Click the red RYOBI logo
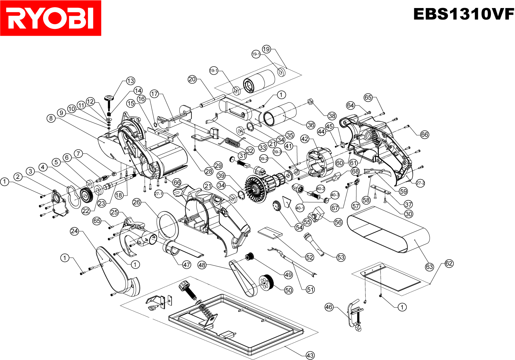(x=51, y=18)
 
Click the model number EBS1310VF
(x=464, y=14)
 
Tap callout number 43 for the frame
(x=310, y=355)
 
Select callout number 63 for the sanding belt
(x=429, y=267)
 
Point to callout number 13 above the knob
(x=130, y=81)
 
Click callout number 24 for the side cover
(x=74, y=231)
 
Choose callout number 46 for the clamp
(x=329, y=307)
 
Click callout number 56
(x=338, y=222)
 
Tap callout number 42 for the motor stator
(x=304, y=139)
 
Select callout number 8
(x=51, y=118)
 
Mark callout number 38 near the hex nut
(x=332, y=116)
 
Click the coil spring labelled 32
(x=232, y=142)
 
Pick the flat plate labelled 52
(x=270, y=232)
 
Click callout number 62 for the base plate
(x=449, y=263)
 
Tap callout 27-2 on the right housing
(x=420, y=183)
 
